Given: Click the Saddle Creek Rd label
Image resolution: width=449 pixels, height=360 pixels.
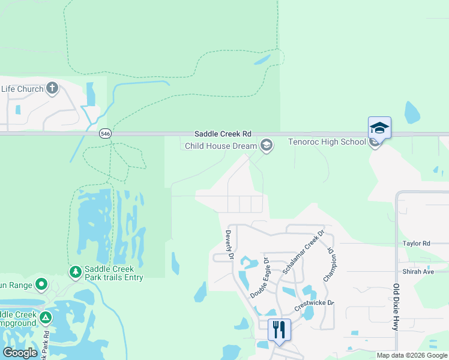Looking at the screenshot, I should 223,134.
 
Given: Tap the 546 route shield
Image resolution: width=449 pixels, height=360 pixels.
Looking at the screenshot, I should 106,134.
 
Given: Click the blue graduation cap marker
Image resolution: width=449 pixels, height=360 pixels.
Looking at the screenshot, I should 379,128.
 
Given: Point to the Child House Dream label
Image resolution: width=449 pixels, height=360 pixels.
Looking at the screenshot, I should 220,146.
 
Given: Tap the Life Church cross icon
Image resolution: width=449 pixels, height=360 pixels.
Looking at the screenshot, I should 52,89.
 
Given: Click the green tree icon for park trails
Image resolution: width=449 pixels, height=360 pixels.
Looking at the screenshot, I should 76,273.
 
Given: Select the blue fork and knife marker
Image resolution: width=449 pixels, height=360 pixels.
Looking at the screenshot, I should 279,329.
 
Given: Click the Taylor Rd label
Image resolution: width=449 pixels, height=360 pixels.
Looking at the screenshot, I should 417,244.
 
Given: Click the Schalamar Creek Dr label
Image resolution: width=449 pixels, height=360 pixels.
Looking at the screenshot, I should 303,252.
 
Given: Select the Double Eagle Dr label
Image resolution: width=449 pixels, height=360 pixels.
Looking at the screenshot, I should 259,279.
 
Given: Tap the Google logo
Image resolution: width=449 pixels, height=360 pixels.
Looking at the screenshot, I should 20,353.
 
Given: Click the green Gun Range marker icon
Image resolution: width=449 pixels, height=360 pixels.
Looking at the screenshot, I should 41,284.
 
